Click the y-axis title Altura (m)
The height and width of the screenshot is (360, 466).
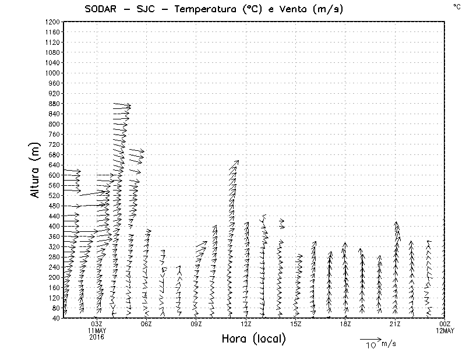(36, 170)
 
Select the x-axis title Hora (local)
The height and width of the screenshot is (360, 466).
(253, 339)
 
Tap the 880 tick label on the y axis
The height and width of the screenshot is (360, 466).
(54, 104)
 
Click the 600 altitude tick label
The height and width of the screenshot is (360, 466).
(54, 175)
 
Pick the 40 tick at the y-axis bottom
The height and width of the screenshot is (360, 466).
(56, 318)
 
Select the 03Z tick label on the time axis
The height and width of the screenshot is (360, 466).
(97, 324)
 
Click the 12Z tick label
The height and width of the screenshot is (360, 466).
(246, 324)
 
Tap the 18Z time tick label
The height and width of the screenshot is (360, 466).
(345, 324)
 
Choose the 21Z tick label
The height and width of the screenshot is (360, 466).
(395, 324)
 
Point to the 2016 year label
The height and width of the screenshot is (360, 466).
(97, 337)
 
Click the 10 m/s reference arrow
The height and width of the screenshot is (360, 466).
(370, 338)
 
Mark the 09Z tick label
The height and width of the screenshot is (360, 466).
(196, 324)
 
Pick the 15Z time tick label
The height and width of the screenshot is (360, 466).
(295, 324)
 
